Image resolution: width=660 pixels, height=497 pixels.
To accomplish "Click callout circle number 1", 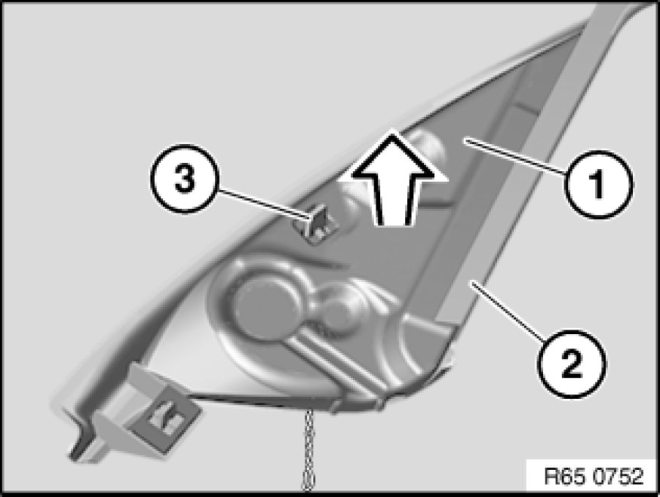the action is (597, 184).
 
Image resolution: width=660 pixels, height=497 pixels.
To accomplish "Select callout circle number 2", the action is (571, 364).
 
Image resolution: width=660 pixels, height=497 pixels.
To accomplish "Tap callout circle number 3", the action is (183, 179).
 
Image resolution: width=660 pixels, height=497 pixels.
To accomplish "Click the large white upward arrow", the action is (393, 181).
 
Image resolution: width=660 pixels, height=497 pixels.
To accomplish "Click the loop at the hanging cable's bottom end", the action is (309, 482).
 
